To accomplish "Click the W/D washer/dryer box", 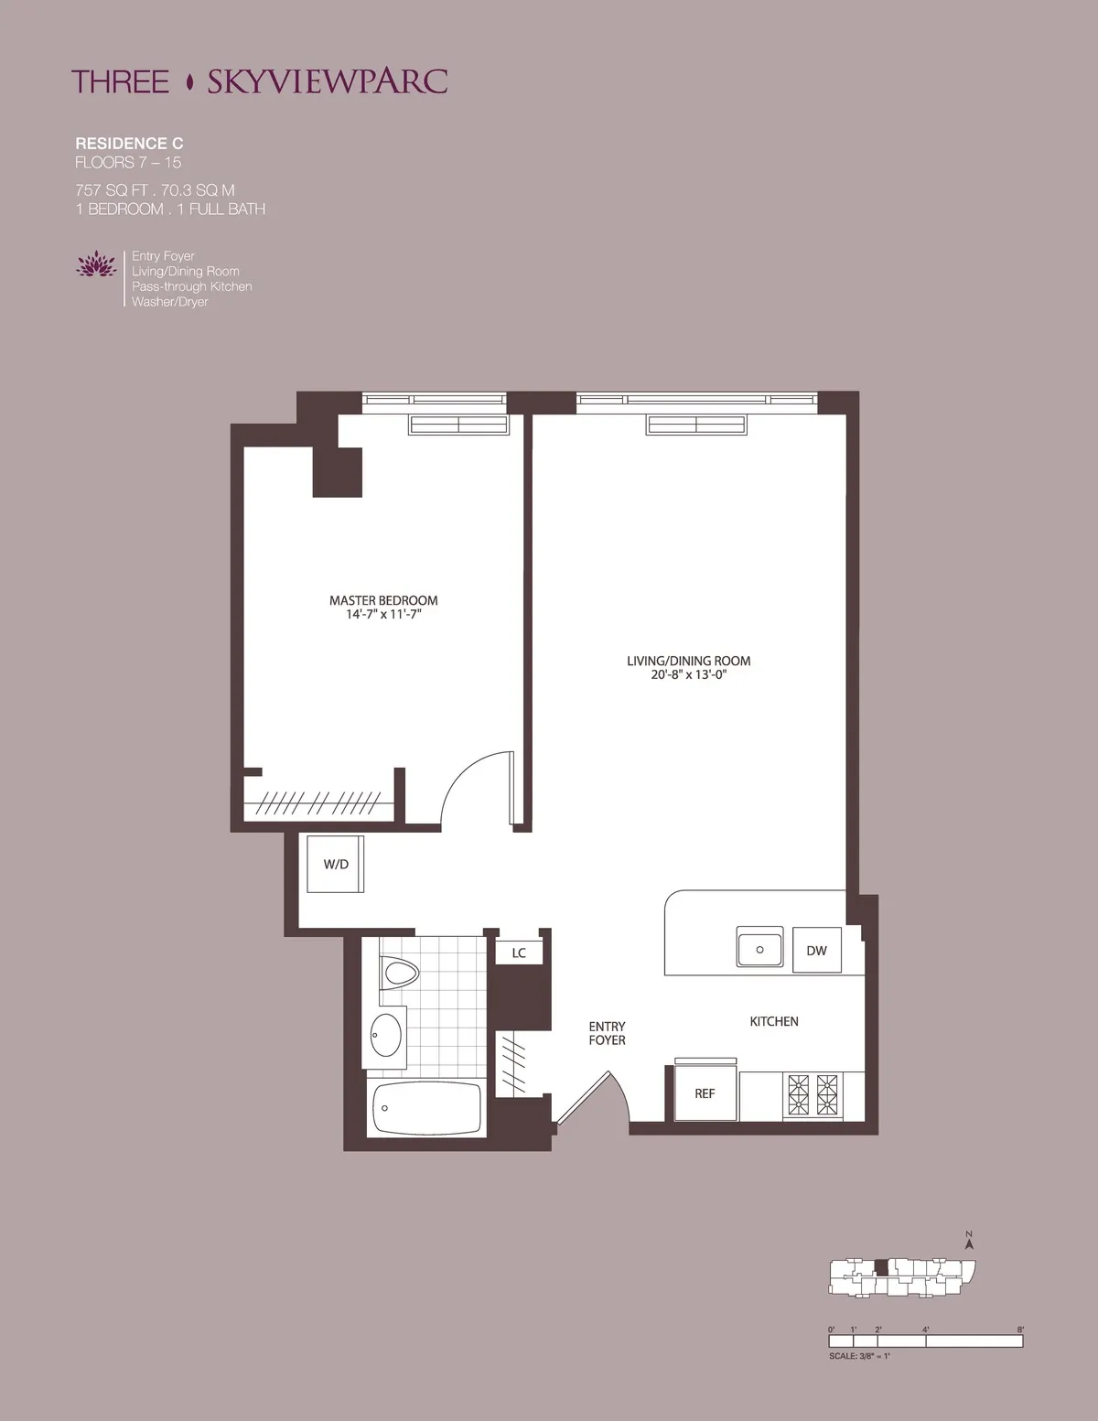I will pyautogui.click(x=335, y=864).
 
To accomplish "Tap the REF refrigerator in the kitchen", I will pyautogui.click(x=705, y=1093).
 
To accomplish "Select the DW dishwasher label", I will pyautogui.click(x=816, y=951).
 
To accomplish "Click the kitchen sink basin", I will pyautogui.click(x=759, y=949).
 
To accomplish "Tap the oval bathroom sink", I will pyautogui.click(x=386, y=1035).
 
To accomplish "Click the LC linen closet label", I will pyautogui.click(x=519, y=953).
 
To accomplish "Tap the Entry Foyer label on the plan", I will pyautogui.click(x=607, y=1033).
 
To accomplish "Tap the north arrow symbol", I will pyautogui.click(x=969, y=1241).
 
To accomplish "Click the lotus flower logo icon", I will pyautogui.click(x=96, y=265).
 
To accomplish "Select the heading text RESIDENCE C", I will pyautogui.click(x=129, y=144).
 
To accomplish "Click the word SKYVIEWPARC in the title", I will pyautogui.click(x=327, y=81).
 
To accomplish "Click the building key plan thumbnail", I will pyautogui.click(x=902, y=1276).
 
